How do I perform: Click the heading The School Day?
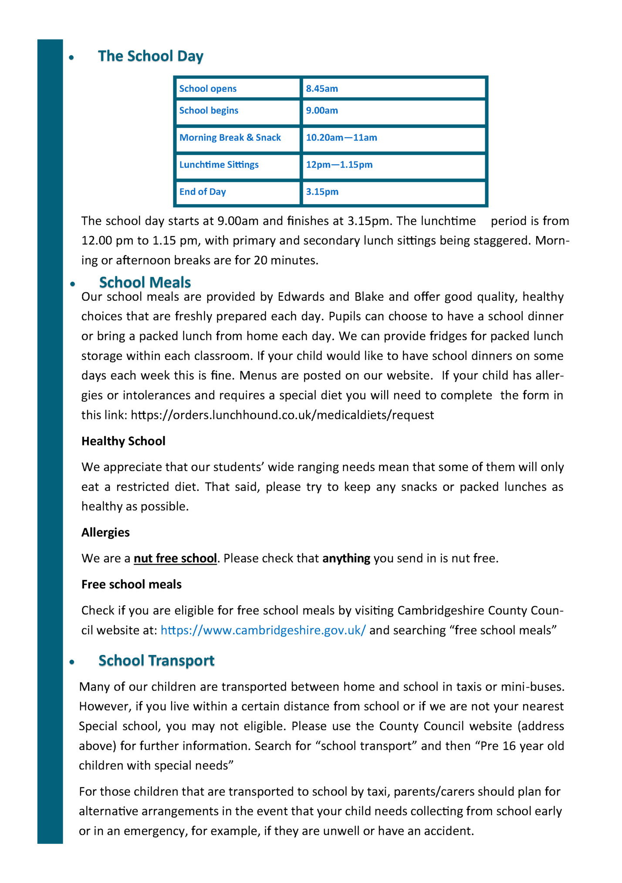pyautogui.click(x=150, y=56)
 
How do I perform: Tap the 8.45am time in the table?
pyautogui.click(x=322, y=89)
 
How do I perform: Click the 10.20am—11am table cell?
pyautogui.click(x=341, y=138)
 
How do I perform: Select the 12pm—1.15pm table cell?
pyautogui.click(x=339, y=165)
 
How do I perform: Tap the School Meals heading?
pyautogui.click(x=145, y=282)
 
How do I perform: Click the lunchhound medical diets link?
pyautogui.click(x=282, y=415)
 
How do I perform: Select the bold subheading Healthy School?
pyautogui.click(x=123, y=441)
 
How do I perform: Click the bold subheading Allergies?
pyautogui.click(x=105, y=532)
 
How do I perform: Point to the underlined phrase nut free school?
pyautogui.click(x=175, y=558)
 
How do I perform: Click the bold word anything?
pyautogui.click(x=346, y=558)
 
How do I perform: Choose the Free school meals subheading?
pyautogui.click(x=131, y=584)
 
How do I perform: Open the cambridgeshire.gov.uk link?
pyautogui.click(x=263, y=630)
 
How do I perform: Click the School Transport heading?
pyautogui.click(x=156, y=661)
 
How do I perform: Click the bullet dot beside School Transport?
pyautogui.click(x=72, y=662)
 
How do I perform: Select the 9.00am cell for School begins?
pyautogui.click(x=322, y=111)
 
